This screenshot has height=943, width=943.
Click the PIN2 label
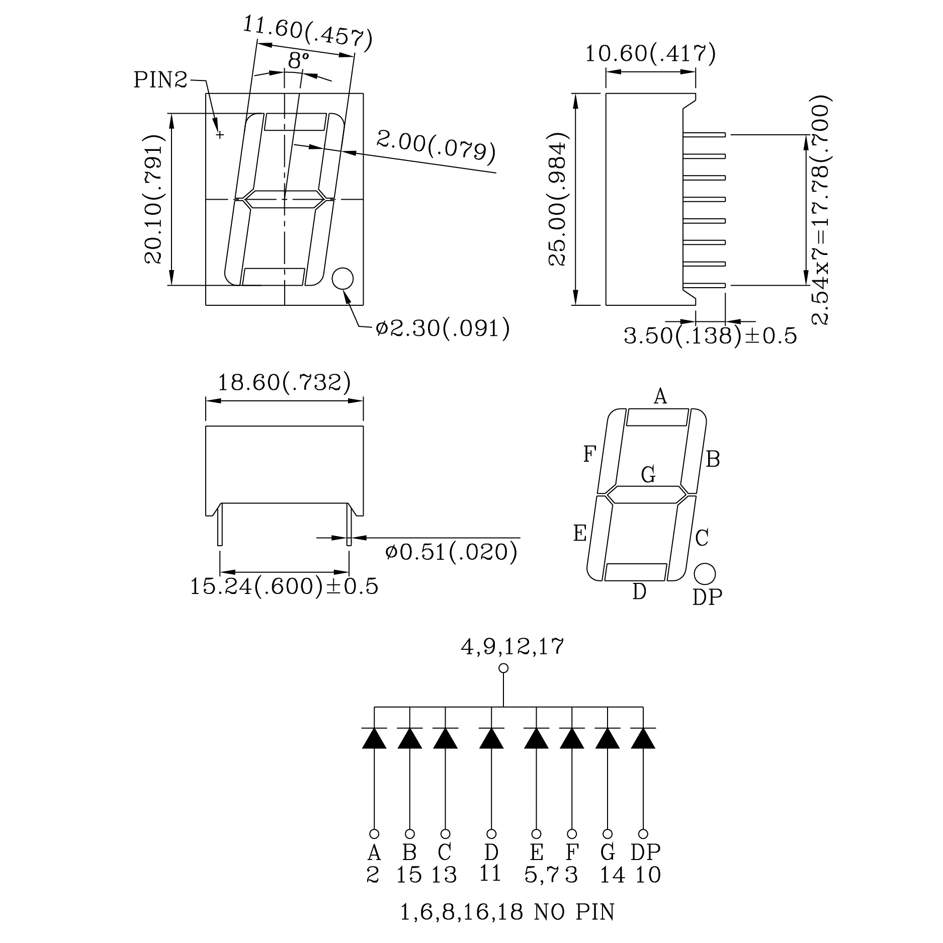click(160, 79)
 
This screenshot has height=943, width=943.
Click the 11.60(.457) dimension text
click(308, 34)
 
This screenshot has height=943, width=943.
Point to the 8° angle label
click(298, 61)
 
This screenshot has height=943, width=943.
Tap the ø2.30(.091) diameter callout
click(443, 328)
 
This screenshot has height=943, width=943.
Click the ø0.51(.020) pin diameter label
click(451, 552)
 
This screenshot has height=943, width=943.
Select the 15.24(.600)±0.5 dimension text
click(284, 586)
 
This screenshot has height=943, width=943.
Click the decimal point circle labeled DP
click(705, 573)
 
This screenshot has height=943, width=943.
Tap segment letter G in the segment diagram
click(648, 474)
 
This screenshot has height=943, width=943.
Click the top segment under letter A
click(657, 417)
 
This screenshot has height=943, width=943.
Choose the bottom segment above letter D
click(636, 572)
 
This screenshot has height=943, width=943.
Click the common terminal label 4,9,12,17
click(512, 646)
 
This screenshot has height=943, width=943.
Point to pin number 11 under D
click(490, 874)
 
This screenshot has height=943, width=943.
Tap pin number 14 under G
click(612, 876)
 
